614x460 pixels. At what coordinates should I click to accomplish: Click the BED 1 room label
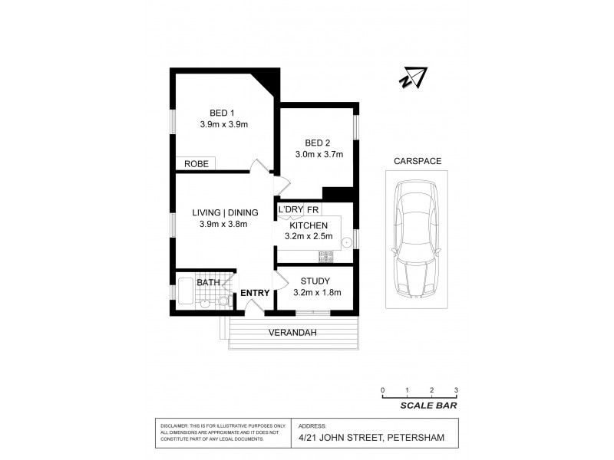click(x=222, y=113)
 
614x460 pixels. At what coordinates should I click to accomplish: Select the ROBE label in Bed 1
click(x=196, y=163)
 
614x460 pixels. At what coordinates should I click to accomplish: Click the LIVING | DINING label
click(x=224, y=212)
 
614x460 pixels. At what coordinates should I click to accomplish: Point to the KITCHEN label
click(x=309, y=225)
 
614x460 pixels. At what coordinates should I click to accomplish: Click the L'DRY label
click(x=291, y=209)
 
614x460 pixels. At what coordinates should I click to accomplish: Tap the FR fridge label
click(x=313, y=209)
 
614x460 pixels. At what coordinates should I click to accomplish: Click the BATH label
click(x=208, y=283)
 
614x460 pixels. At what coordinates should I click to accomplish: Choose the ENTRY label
click(x=254, y=293)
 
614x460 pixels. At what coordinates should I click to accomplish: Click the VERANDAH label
click(x=292, y=333)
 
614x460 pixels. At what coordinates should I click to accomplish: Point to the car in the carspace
click(x=414, y=240)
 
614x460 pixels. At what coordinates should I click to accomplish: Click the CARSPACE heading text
click(x=417, y=161)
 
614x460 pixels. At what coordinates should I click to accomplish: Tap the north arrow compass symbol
click(x=413, y=77)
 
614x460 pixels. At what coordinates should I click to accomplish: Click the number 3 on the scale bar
click(x=456, y=391)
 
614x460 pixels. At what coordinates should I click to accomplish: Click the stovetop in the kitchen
click(x=325, y=256)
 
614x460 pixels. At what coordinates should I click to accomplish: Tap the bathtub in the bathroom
click(x=187, y=291)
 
